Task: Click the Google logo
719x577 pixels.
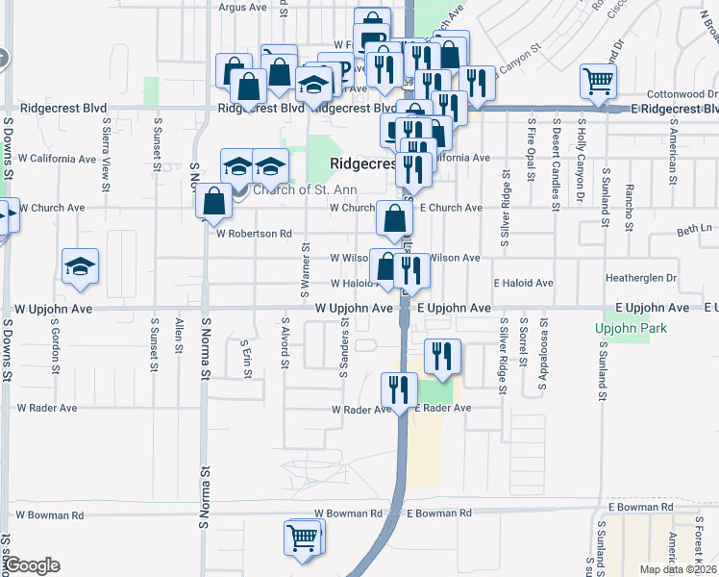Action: click(x=32, y=565)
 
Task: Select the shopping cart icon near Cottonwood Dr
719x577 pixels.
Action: click(x=598, y=82)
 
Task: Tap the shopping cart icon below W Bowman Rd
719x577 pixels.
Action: click(x=304, y=538)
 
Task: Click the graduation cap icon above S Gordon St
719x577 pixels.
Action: click(x=80, y=266)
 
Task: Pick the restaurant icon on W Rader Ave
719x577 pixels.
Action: click(x=398, y=389)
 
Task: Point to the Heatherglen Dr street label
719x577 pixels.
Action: click(x=642, y=278)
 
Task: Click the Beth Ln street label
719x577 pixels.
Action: click(x=693, y=230)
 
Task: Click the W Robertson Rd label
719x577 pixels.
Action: click(x=254, y=234)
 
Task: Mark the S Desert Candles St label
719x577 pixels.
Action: click(x=556, y=165)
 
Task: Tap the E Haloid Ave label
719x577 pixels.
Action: click(x=523, y=284)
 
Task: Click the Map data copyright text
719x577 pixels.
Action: click(x=678, y=569)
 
